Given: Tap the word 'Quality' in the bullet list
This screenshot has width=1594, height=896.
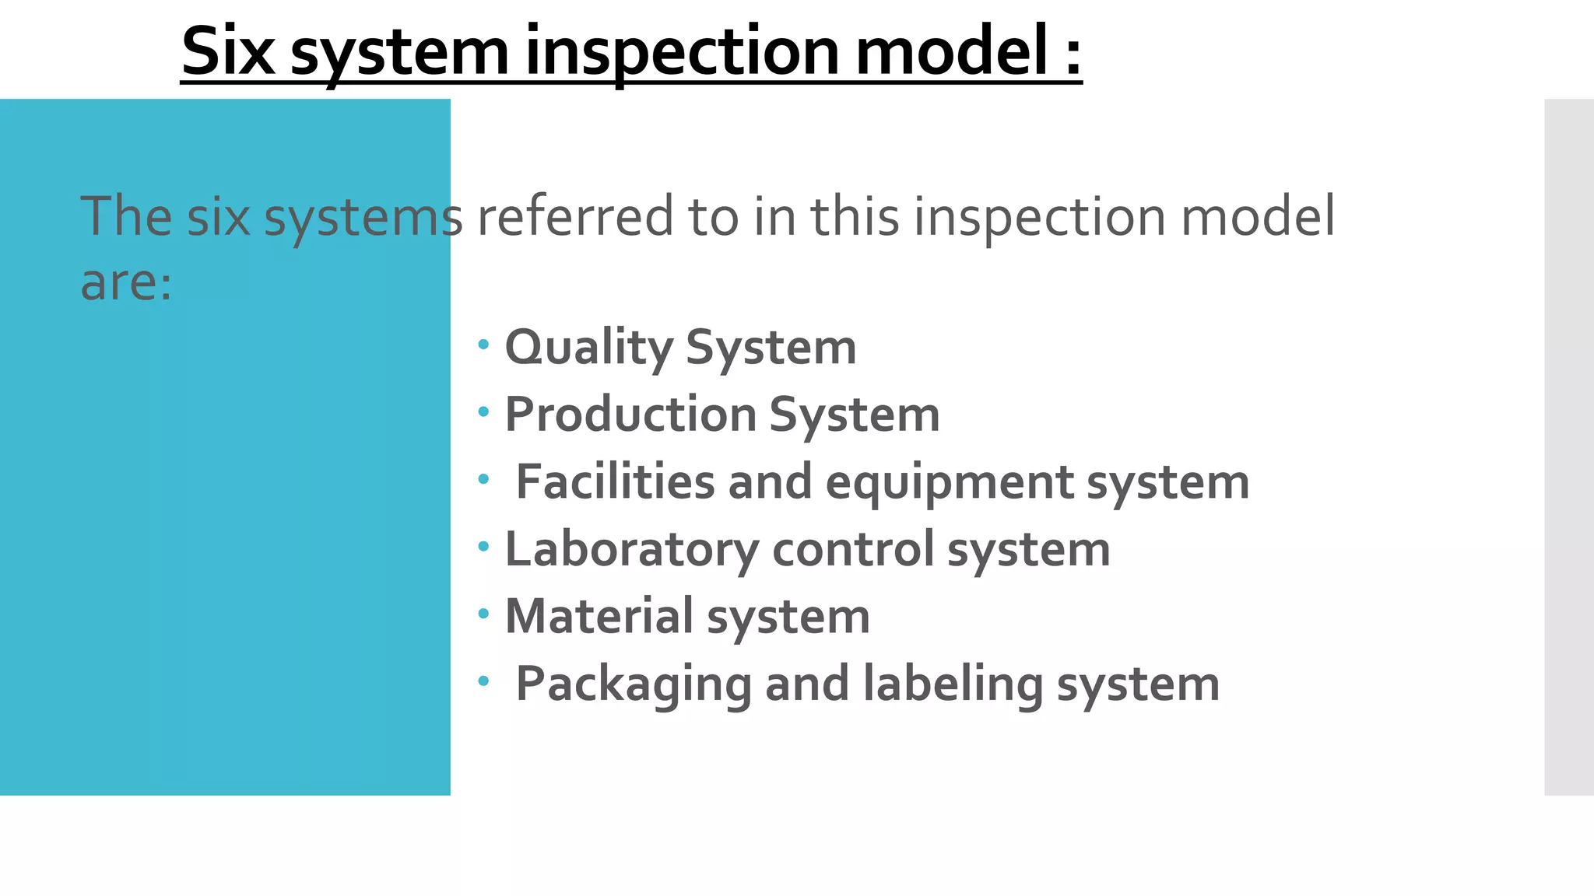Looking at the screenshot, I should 588,348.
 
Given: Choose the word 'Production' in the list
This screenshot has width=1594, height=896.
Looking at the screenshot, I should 630,414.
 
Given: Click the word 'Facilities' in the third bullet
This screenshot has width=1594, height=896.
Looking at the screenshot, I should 615,481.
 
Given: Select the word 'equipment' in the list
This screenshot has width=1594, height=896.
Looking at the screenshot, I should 950,483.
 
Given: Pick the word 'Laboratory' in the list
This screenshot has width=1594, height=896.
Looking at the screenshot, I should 632,550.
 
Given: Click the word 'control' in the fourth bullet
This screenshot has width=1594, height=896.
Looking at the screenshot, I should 853,549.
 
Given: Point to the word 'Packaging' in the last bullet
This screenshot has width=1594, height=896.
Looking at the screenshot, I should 634,684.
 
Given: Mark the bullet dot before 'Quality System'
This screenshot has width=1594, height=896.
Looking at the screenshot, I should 484,344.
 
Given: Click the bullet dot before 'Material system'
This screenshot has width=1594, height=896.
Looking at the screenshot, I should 484,614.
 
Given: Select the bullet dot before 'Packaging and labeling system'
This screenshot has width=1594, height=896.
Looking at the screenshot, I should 484,681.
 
